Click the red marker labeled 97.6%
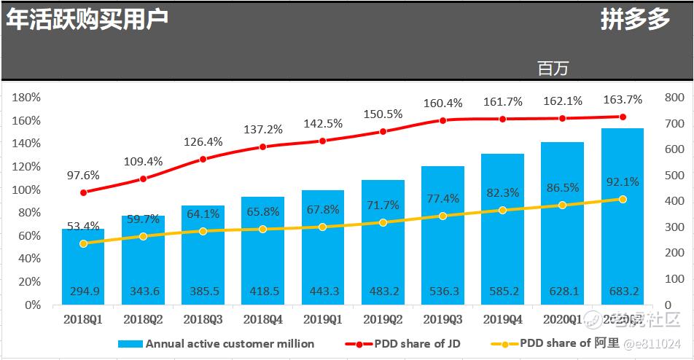tap(84, 192)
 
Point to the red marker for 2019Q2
tap(383, 132)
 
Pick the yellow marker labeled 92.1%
tap(623, 199)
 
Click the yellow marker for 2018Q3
tap(203, 231)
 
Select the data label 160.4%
tap(442, 103)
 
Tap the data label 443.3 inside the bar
tap(323, 291)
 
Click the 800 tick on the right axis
tap(674, 98)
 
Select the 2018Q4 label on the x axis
tap(262, 319)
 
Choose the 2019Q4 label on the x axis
tap(502, 319)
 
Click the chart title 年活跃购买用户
tap(87, 19)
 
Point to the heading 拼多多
tap(635, 20)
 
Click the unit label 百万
tap(553, 69)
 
